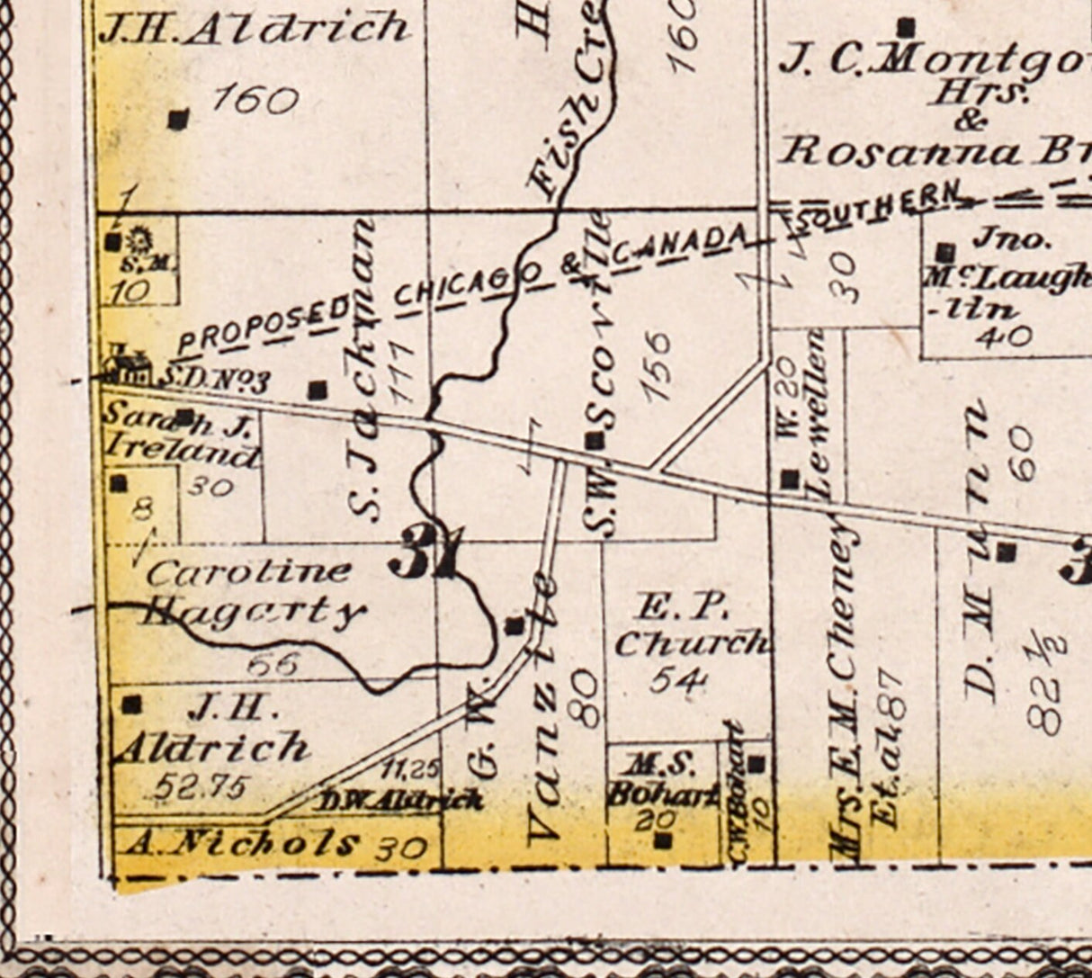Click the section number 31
[426, 552]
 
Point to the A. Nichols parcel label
[240, 843]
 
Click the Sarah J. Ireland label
[180, 434]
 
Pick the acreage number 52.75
[200, 787]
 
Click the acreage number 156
[658, 366]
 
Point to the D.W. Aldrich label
[400, 799]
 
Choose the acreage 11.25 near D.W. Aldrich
[410, 769]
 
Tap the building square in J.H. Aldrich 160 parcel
[179, 119]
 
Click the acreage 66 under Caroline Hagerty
[271, 664]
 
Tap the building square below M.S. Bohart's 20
[663, 841]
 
